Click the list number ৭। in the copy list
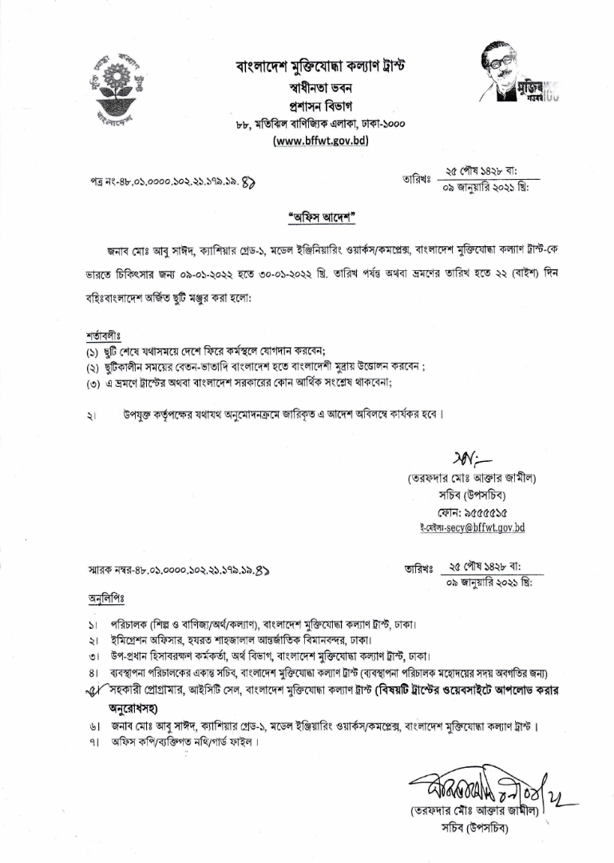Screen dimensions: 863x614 point(93,742)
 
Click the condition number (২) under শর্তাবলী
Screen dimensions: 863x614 point(93,367)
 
